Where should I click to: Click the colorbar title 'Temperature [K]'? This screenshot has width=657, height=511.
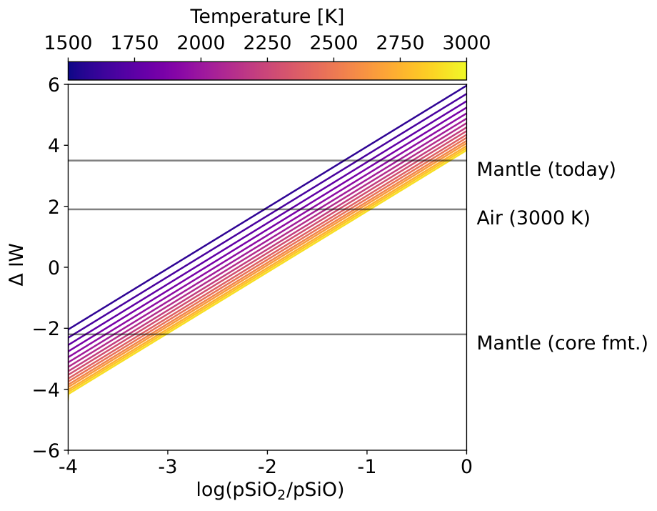coord(267,17)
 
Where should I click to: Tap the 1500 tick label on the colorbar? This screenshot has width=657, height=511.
coord(68,43)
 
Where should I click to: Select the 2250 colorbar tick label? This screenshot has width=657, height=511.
coord(267,43)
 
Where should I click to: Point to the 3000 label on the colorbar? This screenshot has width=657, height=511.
coord(466,43)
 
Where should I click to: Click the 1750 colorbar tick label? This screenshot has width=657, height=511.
coord(134,43)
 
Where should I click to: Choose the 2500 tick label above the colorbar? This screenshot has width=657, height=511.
coord(333,43)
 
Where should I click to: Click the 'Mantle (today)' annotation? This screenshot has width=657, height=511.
coord(546,169)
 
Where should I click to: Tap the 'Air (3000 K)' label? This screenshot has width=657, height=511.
coord(533,218)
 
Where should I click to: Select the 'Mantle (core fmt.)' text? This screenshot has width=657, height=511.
coord(562,343)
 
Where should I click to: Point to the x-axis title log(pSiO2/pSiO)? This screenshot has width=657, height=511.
coord(270,490)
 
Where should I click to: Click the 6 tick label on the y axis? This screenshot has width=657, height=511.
coord(54,85)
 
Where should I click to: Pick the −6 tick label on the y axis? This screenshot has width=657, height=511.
coord(47,451)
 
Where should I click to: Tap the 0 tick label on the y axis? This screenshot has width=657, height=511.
coord(54,268)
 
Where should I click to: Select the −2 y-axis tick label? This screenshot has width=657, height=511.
coord(47,329)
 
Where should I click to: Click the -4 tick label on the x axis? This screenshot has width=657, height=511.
coord(68,467)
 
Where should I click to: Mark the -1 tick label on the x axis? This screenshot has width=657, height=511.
coord(366,467)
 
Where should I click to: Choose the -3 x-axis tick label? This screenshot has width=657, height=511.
coord(168,467)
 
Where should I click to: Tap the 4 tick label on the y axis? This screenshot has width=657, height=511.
coord(54,146)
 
